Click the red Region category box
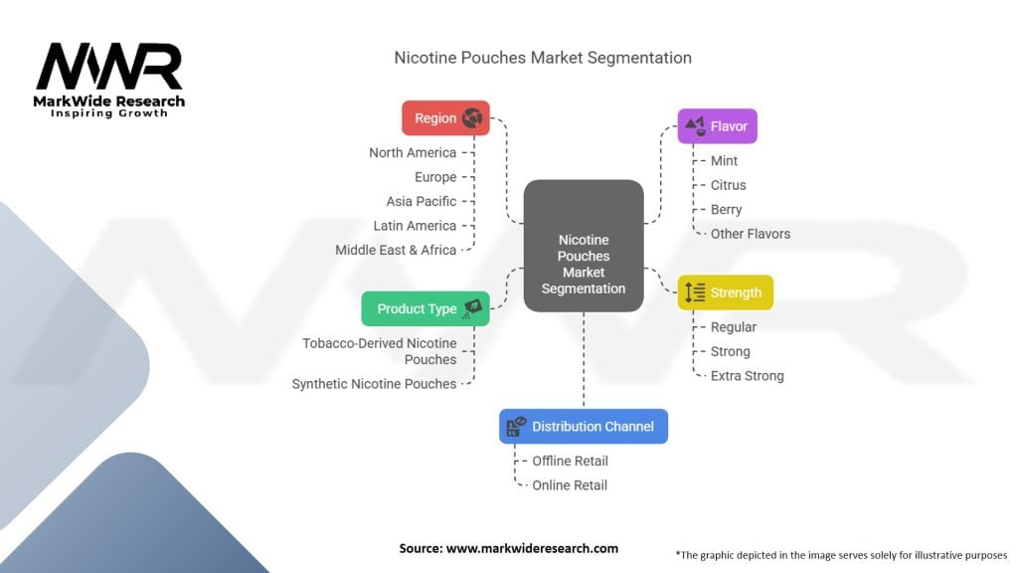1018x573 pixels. pyautogui.click(x=445, y=118)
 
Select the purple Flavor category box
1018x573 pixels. pyautogui.click(x=718, y=126)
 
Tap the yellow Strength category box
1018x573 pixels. pyautogui.click(x=725, y=292)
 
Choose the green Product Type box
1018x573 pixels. pyautogui.click(x=425, y=308)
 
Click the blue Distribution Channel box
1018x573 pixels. pyautogui.click(x=584, y=426)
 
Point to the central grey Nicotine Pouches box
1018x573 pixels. pyautogui.click(x=584, y=246)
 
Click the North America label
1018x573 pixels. pyautogui.click(x=413, y=152)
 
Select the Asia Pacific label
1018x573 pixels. pyautogui.click(x=422, y=201)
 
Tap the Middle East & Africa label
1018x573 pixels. pyautogui.click(x=396, y=250)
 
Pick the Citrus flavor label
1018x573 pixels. pyautogui.click(x=729, y=185)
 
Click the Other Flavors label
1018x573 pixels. pyautogui.click(x=751, y=234)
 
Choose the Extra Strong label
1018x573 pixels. pyautogui.click(x=748, y=375)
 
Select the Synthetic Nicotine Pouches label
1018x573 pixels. pyautogui.click(x=374, y=384)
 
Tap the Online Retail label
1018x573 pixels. pyautogui.click(x=570, y=485)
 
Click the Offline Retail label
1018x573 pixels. pyautogui.click(x=570, y=461)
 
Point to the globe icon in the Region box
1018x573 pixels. pyautogui.click(x=472, y=117)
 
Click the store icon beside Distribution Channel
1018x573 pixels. pyautogui.click(x=517, y=426)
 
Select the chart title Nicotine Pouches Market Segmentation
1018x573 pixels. pyautogui.click(x=543, y=58)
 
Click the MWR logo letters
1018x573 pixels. pyautogui.click(x=109, y=67)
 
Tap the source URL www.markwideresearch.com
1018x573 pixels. pyautogui.click(x=533, y=548)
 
